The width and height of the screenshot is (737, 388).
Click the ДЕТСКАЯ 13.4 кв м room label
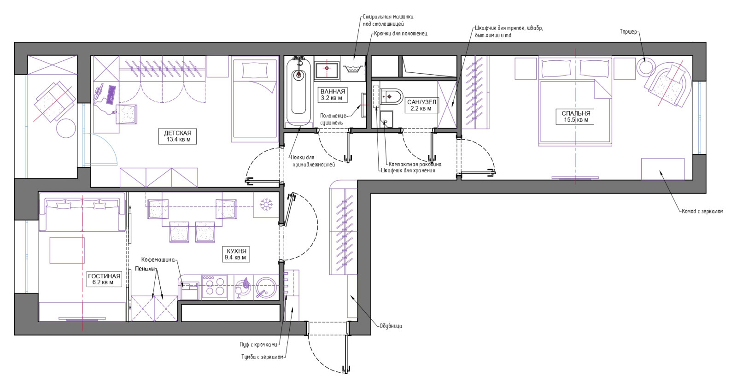[178, 136]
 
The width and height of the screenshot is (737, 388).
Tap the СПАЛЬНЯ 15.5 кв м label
[576, 117]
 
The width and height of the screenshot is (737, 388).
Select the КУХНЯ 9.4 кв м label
[235, 254]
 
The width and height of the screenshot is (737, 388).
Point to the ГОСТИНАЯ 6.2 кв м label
[104, 279]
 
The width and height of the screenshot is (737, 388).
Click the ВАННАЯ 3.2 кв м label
[332, 94]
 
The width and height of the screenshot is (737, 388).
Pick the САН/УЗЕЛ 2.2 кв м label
[421, 105]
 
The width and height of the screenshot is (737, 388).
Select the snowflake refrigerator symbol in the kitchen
[266, 204]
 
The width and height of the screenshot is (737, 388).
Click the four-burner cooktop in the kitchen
[214, 287]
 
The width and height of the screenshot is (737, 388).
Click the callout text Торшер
[628, 32]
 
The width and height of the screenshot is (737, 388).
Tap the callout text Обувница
[391, 326]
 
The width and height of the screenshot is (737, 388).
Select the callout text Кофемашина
[158, 259]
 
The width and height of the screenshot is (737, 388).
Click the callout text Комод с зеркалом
[702, 211]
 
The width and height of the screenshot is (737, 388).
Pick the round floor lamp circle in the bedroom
[645, 67]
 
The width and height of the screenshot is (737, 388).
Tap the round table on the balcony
[66, 128]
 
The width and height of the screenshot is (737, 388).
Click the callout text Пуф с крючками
[258, 345]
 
